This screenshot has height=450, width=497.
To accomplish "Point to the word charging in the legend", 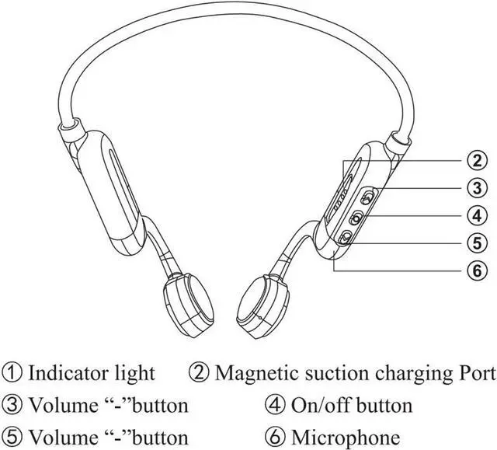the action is [406, 374].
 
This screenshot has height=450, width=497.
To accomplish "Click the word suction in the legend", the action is [332, 372].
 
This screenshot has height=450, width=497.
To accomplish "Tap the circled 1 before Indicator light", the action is [12, 372].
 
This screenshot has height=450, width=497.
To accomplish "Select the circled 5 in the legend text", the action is [12, 437].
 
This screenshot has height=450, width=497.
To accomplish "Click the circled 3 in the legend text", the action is [12, 405].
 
